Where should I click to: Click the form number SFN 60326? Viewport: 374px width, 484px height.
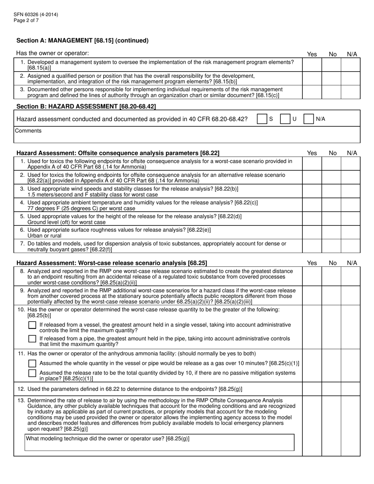pos(36,15)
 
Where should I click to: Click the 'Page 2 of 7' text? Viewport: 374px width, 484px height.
pos(26,20)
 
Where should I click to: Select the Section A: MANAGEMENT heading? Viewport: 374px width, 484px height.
pos(82,40)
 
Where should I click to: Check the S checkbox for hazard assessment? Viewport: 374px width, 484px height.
pos(261,119)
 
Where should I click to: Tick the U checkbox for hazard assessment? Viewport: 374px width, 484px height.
pos(285,119)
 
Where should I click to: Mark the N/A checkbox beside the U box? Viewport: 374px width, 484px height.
pos(309,119)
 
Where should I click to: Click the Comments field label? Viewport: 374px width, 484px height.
pos(28,131)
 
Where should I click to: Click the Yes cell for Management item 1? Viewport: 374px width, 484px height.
pos(312,65)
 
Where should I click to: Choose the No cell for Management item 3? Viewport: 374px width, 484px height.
pos(331,92)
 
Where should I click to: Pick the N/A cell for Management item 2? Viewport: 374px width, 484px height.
pos(350,78)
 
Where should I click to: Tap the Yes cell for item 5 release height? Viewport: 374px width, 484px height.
pos(312,219)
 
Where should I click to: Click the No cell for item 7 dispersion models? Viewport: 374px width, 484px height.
pos(331,246)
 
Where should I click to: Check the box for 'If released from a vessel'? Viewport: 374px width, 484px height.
pos(33,326)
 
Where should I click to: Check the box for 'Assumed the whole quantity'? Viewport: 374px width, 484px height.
pos(33,363)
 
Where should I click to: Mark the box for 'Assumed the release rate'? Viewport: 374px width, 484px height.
pos(33,373)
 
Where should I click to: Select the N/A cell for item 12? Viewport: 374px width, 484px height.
pos(350,389)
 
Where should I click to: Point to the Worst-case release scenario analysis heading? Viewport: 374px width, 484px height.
pos(111,263)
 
